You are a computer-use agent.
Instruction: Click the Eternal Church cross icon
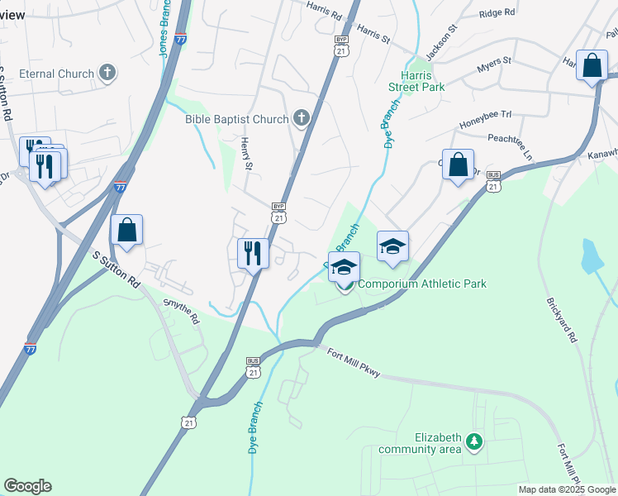click(x=107, y=74)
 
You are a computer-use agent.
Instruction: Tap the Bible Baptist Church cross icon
click(x=301, y=119)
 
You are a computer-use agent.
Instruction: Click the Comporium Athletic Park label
click(x=421, y=284)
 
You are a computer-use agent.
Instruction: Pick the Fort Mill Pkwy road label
click(x=353, y=363)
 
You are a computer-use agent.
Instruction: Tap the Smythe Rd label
click(x=182, y=311)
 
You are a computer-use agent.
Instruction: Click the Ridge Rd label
click(x=497, y=13)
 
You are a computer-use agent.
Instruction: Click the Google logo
click(x=27, y=486)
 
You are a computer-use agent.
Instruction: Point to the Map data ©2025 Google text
click(x=567, y=489)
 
